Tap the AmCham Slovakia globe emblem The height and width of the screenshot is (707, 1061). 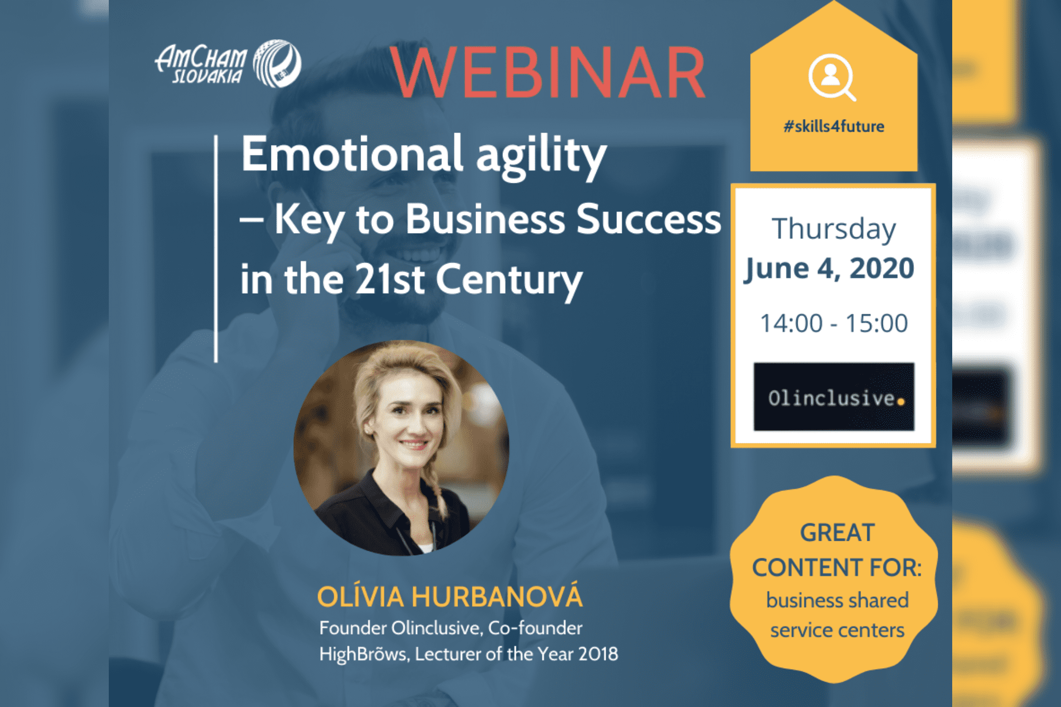coord(277,63)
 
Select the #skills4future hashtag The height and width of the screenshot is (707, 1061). coord(834,126)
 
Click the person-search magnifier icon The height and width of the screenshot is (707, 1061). coord(833,78)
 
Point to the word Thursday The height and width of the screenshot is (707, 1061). coord(834,229)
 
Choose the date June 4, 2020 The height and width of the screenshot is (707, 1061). coord(829,269)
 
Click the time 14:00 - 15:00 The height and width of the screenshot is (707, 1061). coord(834,323)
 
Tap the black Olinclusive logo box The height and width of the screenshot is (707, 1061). coord(834,397)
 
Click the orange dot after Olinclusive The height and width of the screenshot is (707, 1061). coord(901,401)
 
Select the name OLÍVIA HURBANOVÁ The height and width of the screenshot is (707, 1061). coord(450,596)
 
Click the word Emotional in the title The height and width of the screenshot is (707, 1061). coord(352,153)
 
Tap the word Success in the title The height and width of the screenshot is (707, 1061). coord(649,219)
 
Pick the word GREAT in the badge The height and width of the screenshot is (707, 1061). coord(838,533)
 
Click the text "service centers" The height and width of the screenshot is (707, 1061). coord(837,630)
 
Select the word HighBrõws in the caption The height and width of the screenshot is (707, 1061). coord(364,654)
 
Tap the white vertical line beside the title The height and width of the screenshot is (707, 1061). coord(216,249)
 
